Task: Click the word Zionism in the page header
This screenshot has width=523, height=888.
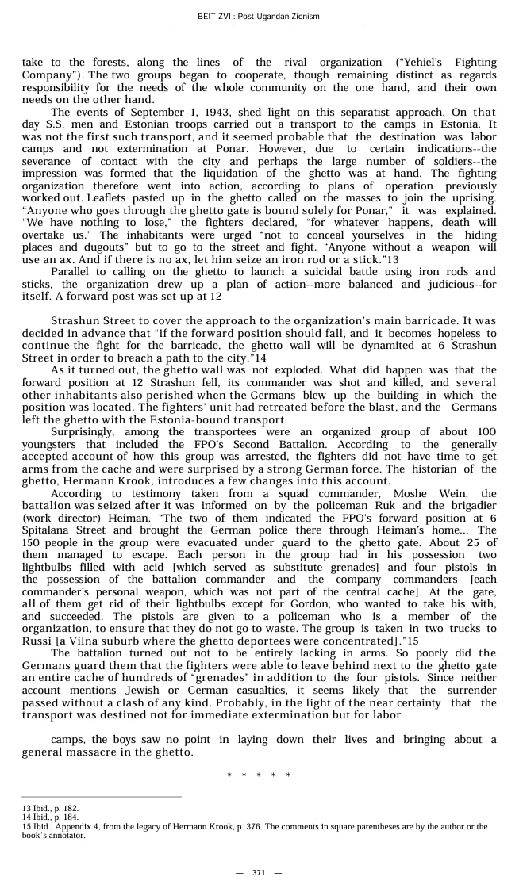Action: point(302,16)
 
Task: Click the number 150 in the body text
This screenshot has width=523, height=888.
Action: point(32,530)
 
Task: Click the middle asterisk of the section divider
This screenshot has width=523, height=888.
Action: point(259,775)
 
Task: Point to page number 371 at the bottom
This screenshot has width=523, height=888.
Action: point(259,872)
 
